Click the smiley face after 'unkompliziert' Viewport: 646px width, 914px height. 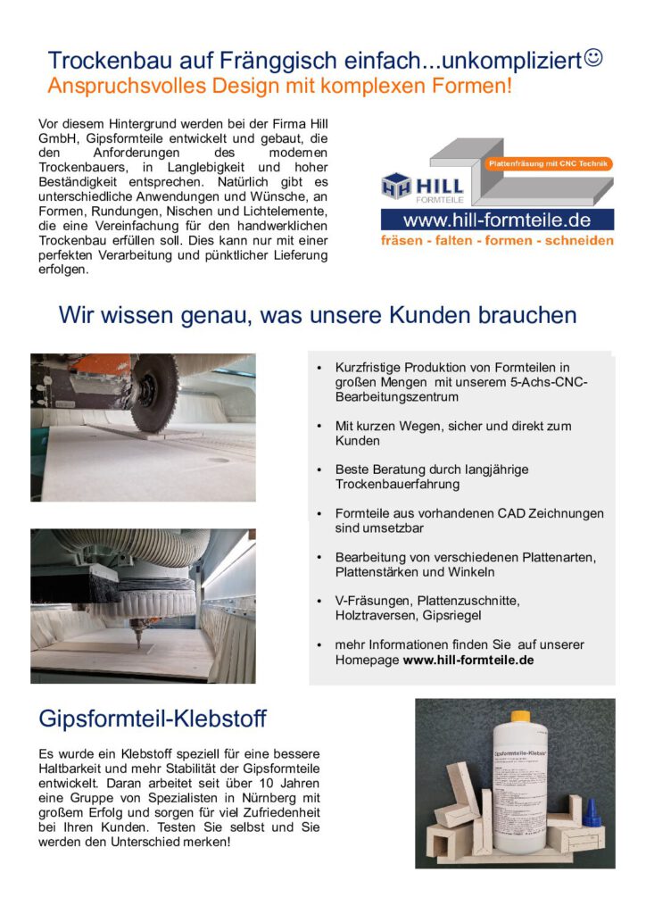pyautogui.click(x=594, y=58)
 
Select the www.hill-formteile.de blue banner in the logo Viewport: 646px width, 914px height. pyautogui.click(x=496, y=220)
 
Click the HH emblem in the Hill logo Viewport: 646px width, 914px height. pyautogui.click(x=397, y=187)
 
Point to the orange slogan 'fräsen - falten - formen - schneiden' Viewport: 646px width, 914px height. pyautogui.click(x=497, y=241)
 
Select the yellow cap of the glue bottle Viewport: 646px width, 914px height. pyautogui.click(x=520, y=717)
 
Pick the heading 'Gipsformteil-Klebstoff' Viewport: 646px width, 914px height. pyautogui.click(x=152, y=719)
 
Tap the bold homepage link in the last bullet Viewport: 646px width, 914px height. pyautogui.click(x=468, y=661)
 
